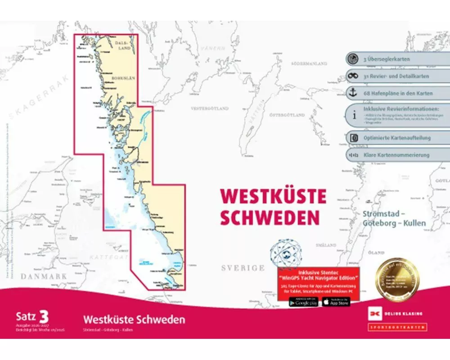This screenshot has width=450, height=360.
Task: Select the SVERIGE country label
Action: [243, 268]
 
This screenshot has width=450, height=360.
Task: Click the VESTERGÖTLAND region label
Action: [210, 108]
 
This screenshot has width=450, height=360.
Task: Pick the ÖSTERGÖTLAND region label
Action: [288, 115]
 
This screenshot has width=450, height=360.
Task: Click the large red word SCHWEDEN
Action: [270, 217]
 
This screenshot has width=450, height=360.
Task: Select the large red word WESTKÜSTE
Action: [273, 196]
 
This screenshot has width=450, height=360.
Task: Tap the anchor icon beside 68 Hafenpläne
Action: [353, 93]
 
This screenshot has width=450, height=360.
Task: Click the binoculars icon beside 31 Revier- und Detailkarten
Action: [353, 76]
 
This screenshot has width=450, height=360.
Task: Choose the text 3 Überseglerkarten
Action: [386, 59]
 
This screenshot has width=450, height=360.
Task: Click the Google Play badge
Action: [303, 302]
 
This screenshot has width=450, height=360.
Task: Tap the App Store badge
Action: [336, 302]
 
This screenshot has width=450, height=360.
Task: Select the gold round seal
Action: [397, 279]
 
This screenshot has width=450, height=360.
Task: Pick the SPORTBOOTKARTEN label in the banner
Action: [397, 327]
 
